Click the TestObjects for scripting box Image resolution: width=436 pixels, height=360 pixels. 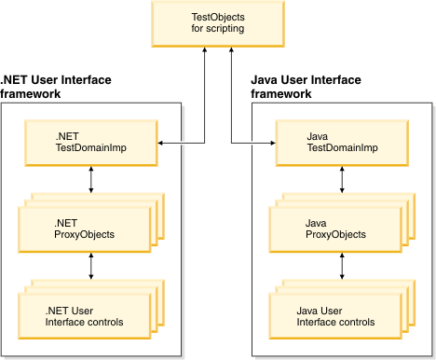point(218,25)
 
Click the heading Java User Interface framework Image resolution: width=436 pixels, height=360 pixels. point(307,87)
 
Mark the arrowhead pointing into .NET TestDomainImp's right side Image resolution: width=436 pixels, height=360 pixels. point(160,142)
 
